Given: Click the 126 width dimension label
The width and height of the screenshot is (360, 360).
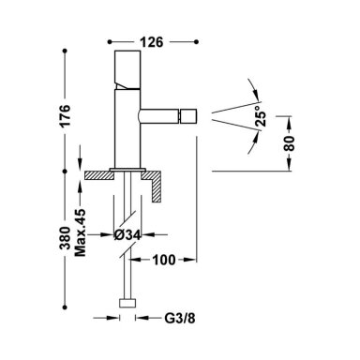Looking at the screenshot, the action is click(151, 42).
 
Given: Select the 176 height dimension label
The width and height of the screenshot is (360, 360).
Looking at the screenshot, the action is click(66, 115).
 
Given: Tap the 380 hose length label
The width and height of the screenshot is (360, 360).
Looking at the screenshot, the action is click(66, 238).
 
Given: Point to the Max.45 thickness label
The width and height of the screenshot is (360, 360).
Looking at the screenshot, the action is click(81, 232).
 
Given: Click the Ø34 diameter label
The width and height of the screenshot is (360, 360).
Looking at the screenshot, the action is click(127, 235).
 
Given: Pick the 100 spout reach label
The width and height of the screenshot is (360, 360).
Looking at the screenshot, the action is click(164, 260).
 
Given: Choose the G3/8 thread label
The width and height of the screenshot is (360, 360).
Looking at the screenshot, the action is click(180, 319).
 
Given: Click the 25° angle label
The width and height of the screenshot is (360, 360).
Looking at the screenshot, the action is click(261, 116).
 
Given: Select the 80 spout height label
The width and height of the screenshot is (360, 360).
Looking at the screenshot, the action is click(290, 143).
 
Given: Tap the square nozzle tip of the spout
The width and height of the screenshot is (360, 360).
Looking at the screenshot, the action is click(188, 116).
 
